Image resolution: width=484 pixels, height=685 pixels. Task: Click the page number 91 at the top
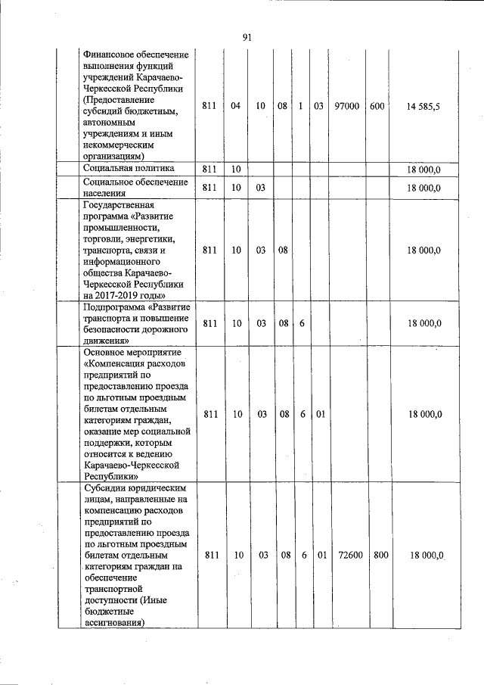click(x=247, y=37)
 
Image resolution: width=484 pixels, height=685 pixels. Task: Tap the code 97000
click(x=347, y=107)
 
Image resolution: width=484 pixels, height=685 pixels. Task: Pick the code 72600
click(x=349, y=555)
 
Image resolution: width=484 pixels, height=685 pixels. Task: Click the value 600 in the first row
click(x=377, y=107)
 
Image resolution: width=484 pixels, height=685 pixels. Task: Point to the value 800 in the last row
click(x=380, y=555)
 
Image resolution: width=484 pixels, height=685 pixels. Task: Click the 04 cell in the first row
click(x=236, y=107)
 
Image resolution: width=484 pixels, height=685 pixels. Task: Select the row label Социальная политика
click(x=129, y=168)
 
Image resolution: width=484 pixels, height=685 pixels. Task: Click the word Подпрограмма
click(x=114, y=307)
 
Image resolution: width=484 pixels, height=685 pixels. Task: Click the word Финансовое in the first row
click(x=109, y=54)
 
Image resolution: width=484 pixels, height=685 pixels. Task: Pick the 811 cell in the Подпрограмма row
click(x=211, y=323)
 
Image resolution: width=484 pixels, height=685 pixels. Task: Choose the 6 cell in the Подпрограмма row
click(x=302, y=323)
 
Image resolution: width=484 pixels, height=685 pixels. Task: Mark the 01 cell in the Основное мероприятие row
click(x=320, y=414)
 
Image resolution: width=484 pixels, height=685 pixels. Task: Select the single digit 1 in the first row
click(x=301, y=107)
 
